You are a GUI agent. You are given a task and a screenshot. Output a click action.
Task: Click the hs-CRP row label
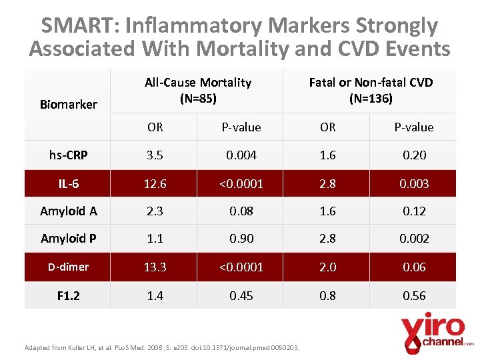[x=69, y=155]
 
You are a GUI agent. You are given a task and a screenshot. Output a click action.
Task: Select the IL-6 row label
[x=69, y=183]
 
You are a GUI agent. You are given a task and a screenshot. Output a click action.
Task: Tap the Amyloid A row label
[x=69, y=211]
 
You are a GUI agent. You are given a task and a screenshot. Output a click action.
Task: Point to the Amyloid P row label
[x=69, y=239]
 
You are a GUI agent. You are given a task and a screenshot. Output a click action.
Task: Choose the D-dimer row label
[x=69, y=267]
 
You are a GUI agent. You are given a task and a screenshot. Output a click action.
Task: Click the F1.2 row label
[x=69, y=295]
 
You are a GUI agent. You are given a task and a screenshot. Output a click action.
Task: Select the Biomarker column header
[x=69, y=104]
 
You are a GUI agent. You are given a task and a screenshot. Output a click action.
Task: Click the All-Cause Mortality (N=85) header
[x=198, y=91]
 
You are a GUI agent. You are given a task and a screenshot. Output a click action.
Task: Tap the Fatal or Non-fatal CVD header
[x=371, y=91]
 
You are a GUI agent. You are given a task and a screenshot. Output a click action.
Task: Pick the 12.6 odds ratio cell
[x=155, y=183]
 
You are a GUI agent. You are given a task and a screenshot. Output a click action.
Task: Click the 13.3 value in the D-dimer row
[x=155, y=267]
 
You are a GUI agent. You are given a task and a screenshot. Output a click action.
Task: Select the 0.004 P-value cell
[x=241, y=155]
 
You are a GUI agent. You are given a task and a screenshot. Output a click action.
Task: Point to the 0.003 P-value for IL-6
[x=414, y=183]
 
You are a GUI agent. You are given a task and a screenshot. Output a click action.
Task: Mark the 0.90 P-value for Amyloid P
[x=241, y=239]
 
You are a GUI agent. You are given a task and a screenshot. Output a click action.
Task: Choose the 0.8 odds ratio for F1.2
[x=327, y=295]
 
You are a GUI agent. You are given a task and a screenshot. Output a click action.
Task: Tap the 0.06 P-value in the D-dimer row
[x=414, y=267]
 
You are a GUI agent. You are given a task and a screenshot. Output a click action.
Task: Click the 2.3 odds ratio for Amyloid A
[x=155, y=211]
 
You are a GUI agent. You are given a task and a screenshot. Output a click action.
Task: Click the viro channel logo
[x=437, y=332]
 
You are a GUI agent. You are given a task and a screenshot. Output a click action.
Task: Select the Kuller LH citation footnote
[x=161, y=347]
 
